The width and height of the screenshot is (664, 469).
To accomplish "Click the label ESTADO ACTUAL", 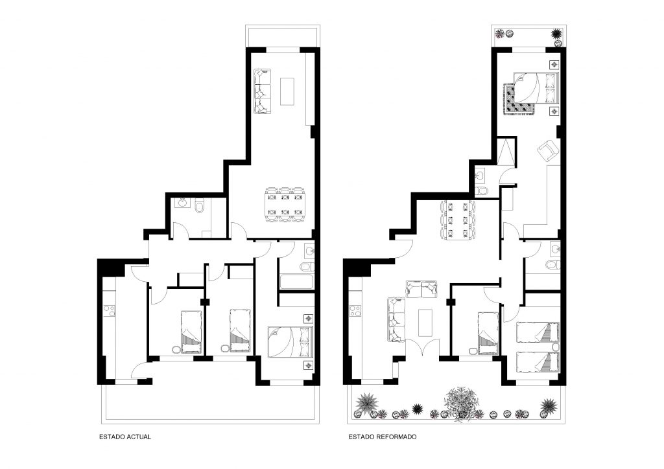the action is click(125, 437).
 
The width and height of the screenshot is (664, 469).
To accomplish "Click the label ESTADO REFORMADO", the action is click(383, 437).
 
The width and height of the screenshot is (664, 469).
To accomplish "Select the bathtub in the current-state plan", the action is click(296, 282).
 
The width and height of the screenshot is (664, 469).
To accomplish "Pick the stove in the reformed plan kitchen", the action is click(355, 311).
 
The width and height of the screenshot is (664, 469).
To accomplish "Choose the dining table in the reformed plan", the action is click(458, 220).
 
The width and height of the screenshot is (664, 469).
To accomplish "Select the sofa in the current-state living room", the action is click(262, 91).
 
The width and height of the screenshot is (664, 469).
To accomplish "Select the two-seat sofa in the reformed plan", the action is click(421, 288).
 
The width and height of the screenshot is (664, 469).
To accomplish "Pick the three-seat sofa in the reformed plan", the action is click(396, 320).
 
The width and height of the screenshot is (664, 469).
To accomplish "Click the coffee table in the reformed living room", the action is click(425, 323).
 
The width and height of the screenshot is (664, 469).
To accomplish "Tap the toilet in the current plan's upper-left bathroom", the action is click(200, 207).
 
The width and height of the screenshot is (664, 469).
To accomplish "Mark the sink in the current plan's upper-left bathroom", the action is click(183, 202).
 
